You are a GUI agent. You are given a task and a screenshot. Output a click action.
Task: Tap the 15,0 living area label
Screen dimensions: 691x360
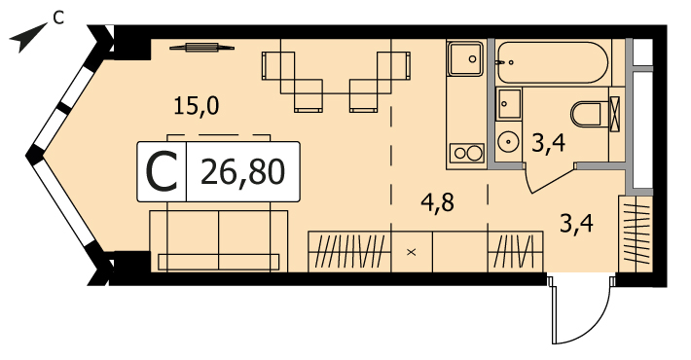point(196,107)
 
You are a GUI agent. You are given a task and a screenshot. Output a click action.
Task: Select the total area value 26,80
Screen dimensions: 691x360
point(242,172)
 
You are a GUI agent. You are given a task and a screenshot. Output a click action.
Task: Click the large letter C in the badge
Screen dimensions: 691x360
point(162,172)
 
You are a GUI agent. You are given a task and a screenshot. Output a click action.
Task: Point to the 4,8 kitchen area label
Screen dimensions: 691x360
point(436,203)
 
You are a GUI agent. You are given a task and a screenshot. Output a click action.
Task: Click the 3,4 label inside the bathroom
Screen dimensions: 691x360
point(548,143)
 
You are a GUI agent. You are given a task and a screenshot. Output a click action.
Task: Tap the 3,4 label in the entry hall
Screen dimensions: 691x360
point(576,224)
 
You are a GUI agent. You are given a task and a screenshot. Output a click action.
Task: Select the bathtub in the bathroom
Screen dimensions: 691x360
point(552,62)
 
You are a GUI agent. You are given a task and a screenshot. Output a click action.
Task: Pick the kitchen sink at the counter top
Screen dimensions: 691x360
point(466,58)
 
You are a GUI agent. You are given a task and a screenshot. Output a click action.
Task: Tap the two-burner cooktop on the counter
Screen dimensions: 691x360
point(467,153)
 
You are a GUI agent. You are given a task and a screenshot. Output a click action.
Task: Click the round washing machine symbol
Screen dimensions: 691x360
point(508,141)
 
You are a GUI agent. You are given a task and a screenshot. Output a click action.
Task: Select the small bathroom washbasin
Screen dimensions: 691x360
point(509,103)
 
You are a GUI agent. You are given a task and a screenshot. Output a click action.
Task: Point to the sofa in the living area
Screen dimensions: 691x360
point(219,240)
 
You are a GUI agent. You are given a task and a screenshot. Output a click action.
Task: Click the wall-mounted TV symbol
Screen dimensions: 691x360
point(201,47)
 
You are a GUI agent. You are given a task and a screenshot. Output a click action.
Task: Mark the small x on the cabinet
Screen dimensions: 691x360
point(411,252)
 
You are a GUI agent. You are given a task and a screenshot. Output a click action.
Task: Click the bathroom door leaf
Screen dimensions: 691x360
point(552,179)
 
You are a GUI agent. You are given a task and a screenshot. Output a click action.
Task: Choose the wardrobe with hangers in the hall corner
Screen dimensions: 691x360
point(635,234)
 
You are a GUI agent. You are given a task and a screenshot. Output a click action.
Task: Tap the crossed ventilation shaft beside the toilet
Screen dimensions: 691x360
point(614,114)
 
